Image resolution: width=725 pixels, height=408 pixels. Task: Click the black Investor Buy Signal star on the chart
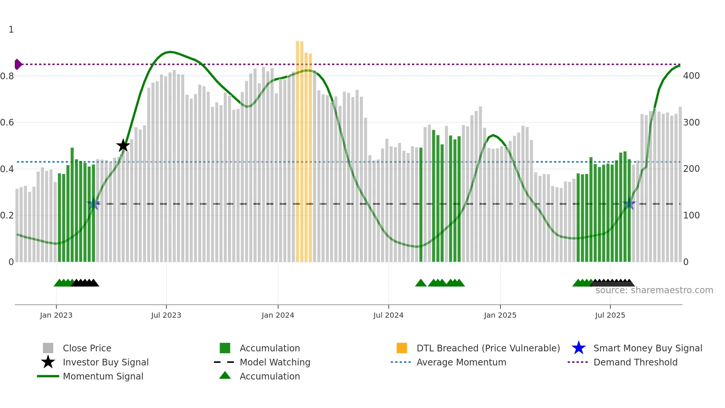[123, 146]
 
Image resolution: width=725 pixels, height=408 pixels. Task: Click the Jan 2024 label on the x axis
[278, 315]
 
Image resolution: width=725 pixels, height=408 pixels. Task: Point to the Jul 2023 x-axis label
[166, 315]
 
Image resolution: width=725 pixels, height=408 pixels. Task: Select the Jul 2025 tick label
[610, 315]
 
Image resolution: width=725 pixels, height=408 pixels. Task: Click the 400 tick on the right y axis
[691, 76]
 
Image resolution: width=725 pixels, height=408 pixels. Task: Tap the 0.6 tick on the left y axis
[7, 123]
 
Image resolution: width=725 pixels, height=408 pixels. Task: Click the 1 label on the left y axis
[11, 30]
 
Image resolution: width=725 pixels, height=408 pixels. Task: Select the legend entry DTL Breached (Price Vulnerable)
[488, 348]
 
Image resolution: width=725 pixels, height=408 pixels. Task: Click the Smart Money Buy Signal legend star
[579, 348]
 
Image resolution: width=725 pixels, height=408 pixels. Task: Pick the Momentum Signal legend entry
[103, 376]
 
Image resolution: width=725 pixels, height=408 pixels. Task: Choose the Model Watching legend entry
[274, 362]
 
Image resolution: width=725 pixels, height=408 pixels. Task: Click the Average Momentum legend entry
[461, 362]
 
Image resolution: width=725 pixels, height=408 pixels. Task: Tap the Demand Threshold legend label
[635, 362]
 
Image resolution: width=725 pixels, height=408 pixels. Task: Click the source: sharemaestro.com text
[654, 290]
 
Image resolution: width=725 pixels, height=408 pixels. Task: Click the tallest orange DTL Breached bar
[298, 148]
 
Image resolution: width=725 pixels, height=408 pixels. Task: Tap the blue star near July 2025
[629, 204]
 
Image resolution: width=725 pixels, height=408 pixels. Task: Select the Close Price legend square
[48, 348]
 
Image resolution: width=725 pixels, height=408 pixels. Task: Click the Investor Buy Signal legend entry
[105, 362]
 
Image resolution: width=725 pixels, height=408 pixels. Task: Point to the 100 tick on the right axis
[691, 215]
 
